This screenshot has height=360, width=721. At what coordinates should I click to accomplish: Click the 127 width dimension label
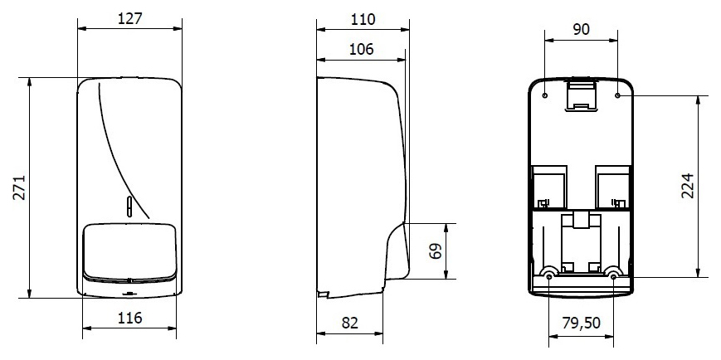point(130,18)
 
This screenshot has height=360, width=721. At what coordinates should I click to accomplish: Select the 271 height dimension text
point(19,187)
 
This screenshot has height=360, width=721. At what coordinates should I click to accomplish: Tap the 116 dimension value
point(129,317)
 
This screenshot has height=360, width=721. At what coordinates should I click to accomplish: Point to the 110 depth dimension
point(363,19)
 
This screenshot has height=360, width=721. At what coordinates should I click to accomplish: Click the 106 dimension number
point(362,49)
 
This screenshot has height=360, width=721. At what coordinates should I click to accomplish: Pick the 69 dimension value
point(435,251)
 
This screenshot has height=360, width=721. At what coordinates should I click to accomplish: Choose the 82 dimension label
point(350,323)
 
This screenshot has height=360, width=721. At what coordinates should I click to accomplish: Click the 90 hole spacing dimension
point(582,29)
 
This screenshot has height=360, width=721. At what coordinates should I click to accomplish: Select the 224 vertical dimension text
point(687,186)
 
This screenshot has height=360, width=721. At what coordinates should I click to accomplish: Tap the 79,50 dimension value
point(582,324)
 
